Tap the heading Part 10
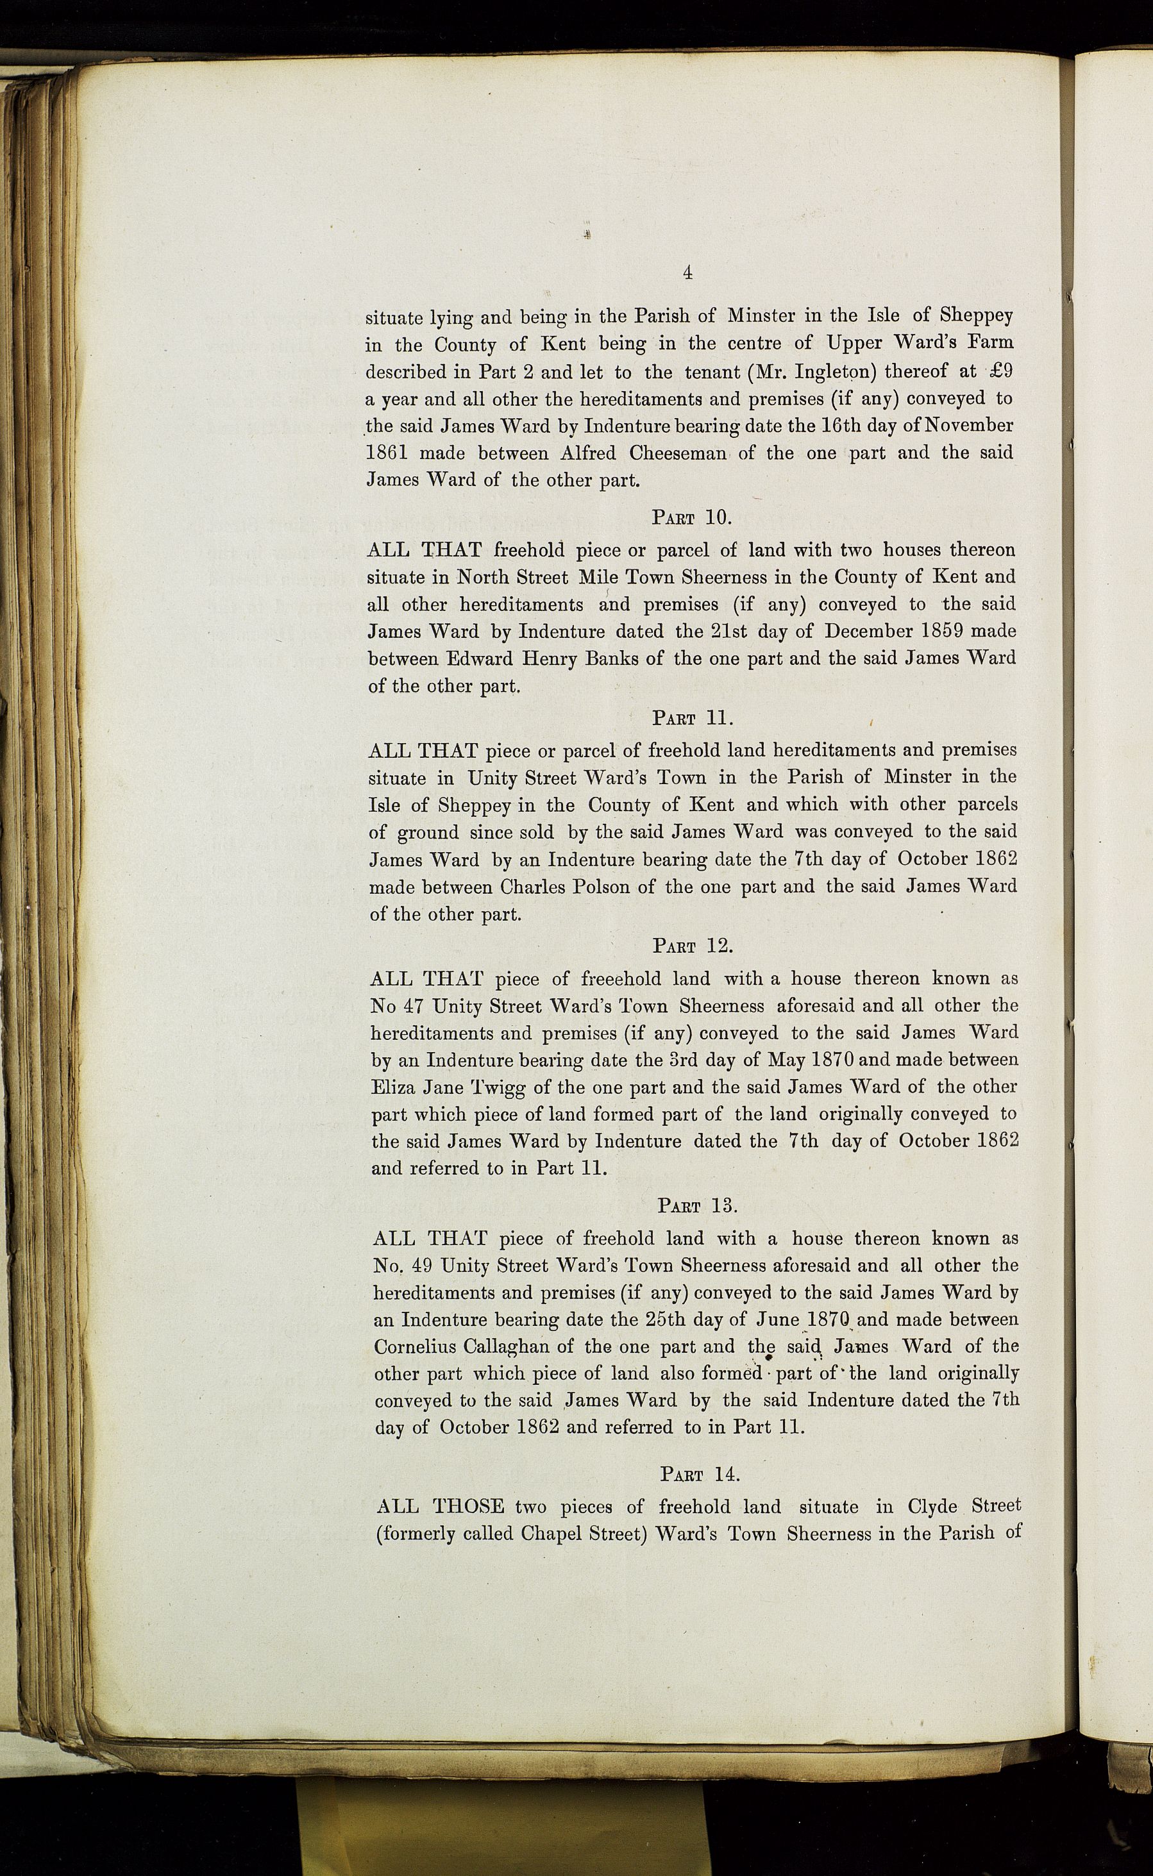692,517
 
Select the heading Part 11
692,718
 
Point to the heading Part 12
693,946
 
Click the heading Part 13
697,1205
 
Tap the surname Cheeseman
677,453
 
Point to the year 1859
935,631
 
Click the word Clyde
938,1506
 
